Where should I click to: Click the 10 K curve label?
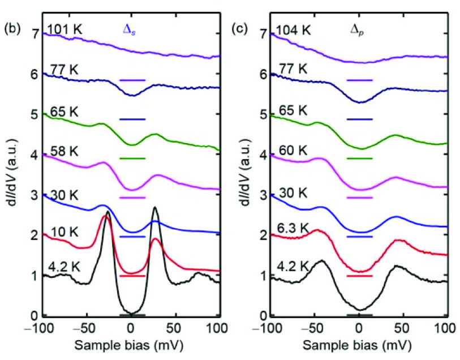point(62,232)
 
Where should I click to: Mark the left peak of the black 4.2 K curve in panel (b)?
point(108,213)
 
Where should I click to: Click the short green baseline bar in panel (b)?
point(132,158)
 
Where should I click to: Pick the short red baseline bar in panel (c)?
point(359,276)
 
